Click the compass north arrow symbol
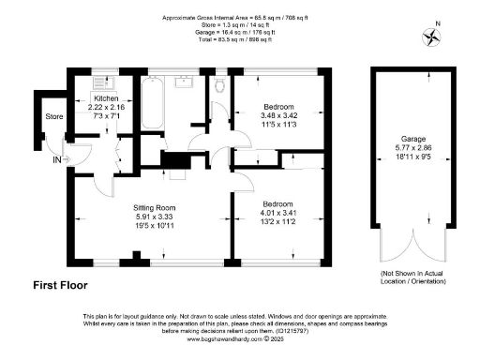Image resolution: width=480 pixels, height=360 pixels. pyautogui.click(x=432, y=37)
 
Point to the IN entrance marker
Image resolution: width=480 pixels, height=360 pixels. pyautogui.click(x=56, y=160)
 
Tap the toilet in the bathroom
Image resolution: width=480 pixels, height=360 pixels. pyautogui.click(x=217, y=87)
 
